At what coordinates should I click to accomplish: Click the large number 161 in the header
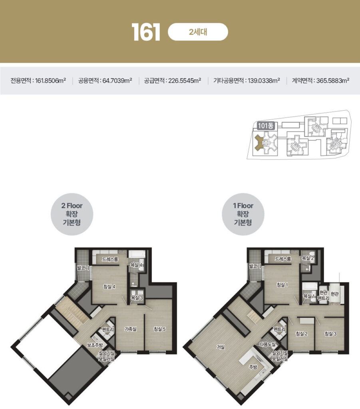[x=145, y=32]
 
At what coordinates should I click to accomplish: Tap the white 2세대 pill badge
[x=198, y=32]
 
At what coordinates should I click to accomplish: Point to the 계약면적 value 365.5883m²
[x=332, y=80]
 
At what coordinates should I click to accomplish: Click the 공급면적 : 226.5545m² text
[x=173, y=80]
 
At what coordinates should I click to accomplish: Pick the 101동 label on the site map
[x=266, y=126]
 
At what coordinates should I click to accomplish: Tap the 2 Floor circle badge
[x=72, y=214]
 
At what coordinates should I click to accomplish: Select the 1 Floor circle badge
[x=243, y=214]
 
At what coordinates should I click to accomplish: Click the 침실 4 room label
[x=109, y=286]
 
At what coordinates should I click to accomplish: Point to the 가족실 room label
[x=130, y=329]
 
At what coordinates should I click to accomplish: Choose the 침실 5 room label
[x=159, y=329]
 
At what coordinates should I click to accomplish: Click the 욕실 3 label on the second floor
[x=137, y=297]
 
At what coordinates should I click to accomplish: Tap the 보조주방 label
[x=95, y=345]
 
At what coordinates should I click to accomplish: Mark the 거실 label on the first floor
[x=221, y=347]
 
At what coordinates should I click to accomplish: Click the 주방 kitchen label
[x=253, y=367]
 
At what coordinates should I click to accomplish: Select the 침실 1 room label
[x=282, y=285]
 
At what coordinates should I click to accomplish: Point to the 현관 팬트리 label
[x=324, y=295]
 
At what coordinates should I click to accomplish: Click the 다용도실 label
[x=268, y=344]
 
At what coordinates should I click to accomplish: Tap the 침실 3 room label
[x=330, y=334]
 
